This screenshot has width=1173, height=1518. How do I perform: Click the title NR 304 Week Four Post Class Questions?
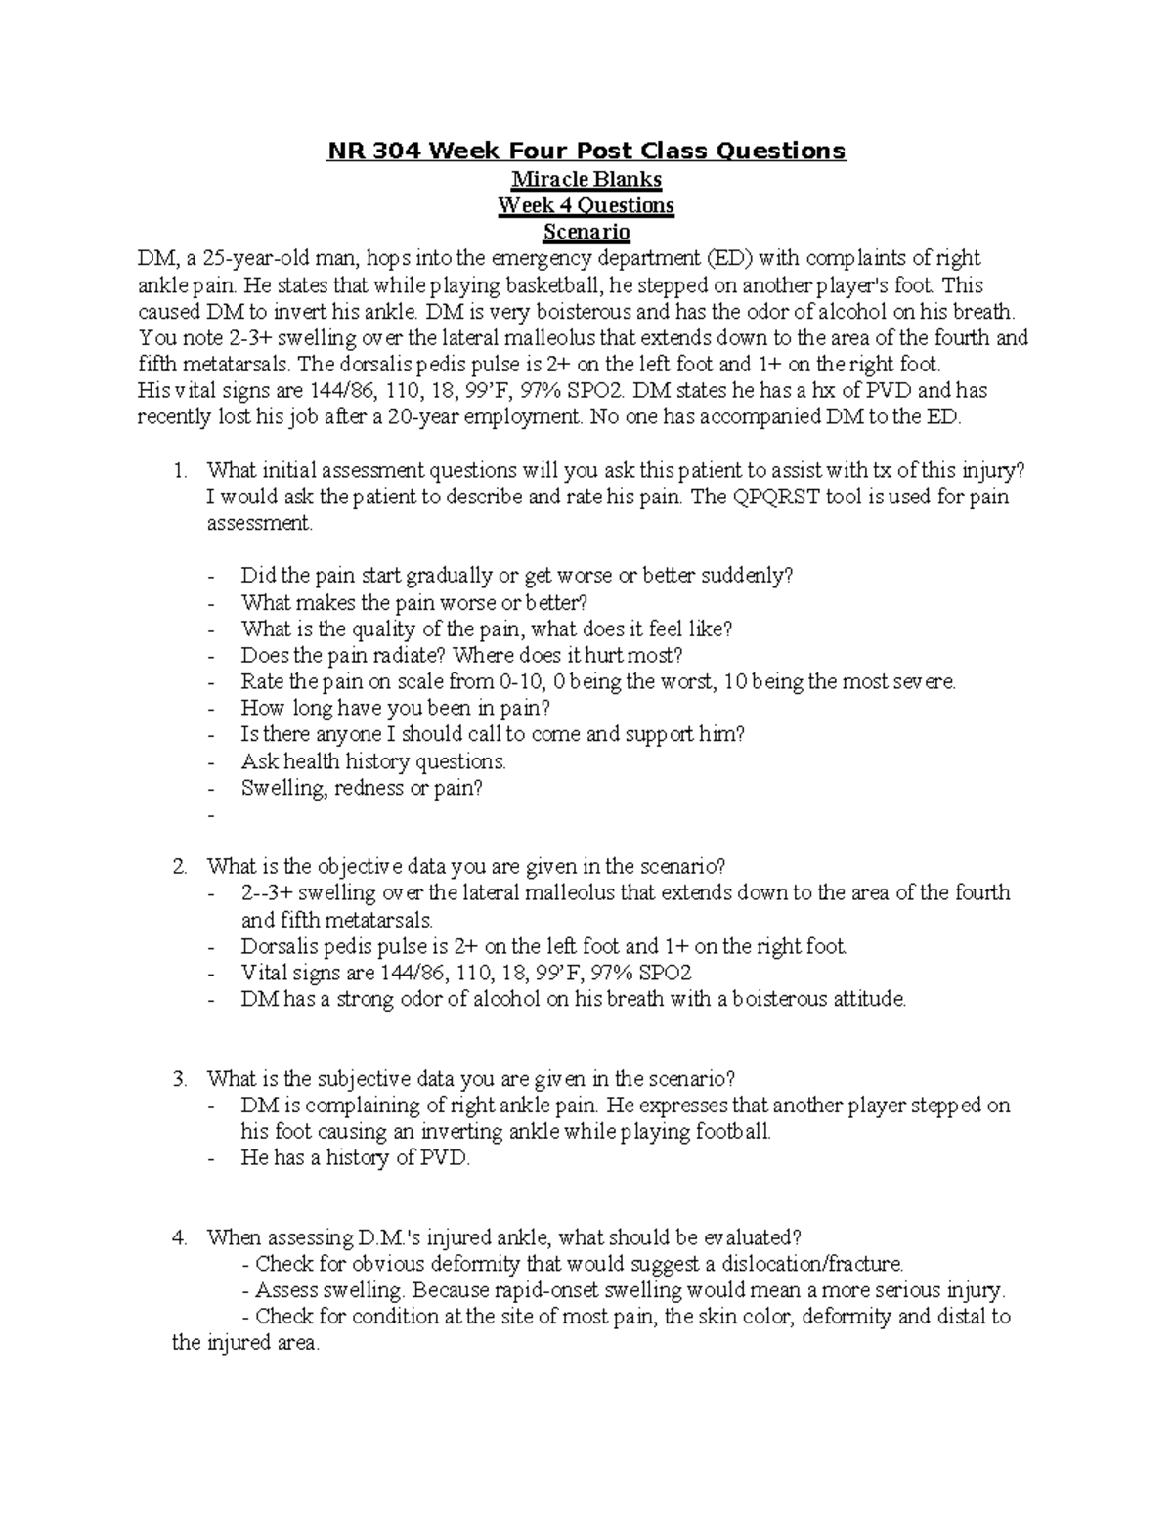tap(586, 151)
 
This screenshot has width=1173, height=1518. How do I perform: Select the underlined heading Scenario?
tap(586, 233)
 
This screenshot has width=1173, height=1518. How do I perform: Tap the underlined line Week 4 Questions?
tap(586, 206)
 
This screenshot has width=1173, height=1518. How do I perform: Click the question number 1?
tap(179, 470)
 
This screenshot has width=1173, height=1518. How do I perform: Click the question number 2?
tap(179, 866)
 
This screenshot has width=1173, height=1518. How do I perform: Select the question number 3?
tap(179, 1079)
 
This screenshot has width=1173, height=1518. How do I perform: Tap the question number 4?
tap(179, 1237)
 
